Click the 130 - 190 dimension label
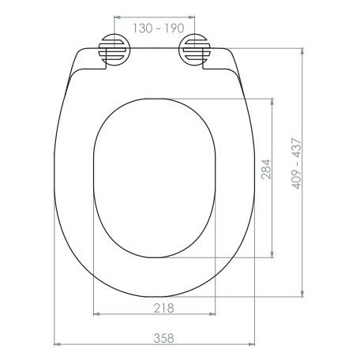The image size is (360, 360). point(159,28)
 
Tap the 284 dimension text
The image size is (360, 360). point(266,169)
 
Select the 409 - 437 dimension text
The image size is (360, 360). point(297,163)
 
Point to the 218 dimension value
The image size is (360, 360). point(163,308)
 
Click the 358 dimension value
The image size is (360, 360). point(163,338)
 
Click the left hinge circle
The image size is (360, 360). point(114,50)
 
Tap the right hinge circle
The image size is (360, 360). point(195,50)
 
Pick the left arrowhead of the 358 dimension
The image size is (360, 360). point(57,344)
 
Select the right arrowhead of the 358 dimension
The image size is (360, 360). point(252,344)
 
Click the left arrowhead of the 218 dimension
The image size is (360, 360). point(97,314)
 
